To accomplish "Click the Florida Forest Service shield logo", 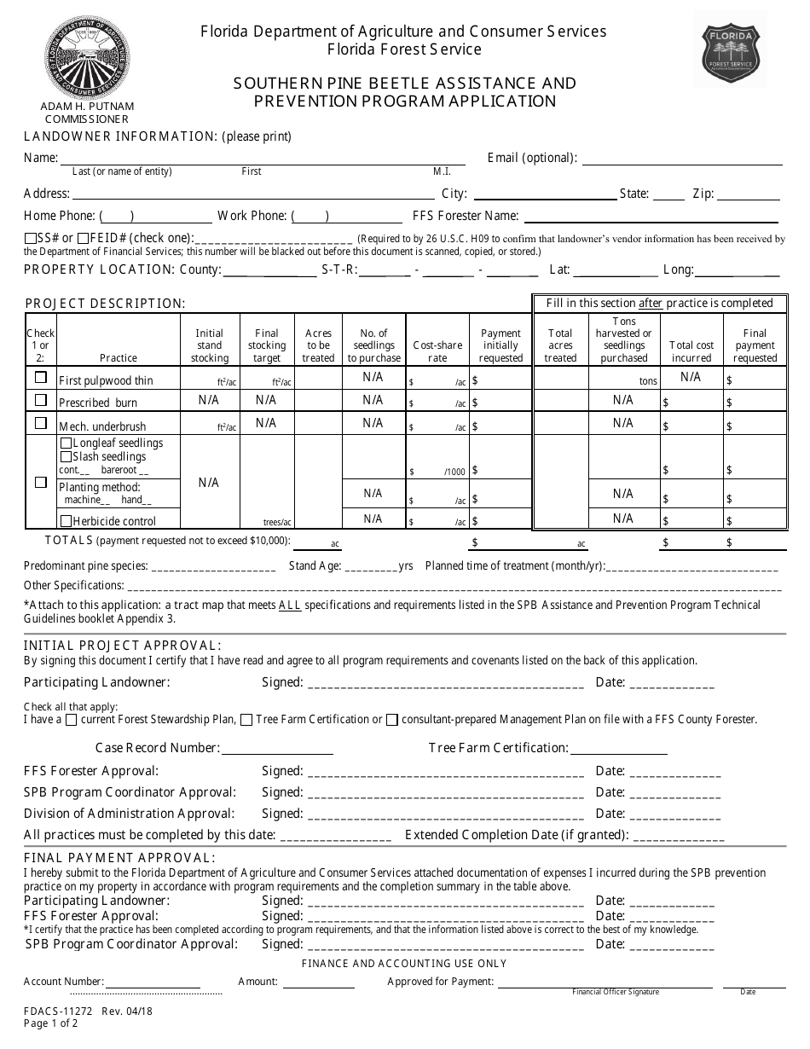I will point(730,49).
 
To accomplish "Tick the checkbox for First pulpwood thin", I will point(40,377).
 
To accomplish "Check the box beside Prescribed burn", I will point(40,400).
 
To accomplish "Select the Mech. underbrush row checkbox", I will point(40,423).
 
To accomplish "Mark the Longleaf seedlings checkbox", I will point(66,443).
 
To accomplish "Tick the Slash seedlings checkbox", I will point(66,457).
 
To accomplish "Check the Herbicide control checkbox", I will point(66,521).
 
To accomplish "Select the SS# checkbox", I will point(30,239).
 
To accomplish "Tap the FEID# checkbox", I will point(83,239).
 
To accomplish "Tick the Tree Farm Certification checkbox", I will point(246,720).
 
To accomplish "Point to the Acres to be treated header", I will point(318,345).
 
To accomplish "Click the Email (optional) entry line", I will point(681,159).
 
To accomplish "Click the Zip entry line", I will point(749,194).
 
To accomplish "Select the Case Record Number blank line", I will point(277,749).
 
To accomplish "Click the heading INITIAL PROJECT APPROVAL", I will point(122,646).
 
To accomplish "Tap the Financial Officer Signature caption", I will point(615,992).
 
